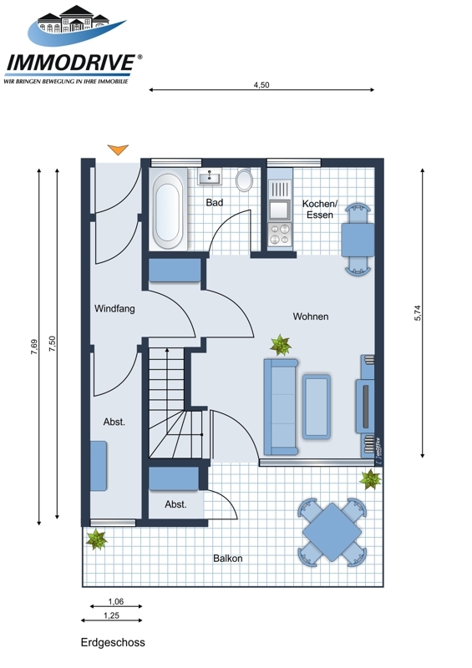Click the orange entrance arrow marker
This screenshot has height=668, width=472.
[118, 149]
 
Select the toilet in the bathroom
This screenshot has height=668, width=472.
[244, 180]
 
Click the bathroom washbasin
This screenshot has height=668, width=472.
[210, 176]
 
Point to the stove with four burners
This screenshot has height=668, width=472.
[280, 234]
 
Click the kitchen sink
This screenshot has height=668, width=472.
[280, 210]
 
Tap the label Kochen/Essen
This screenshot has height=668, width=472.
[320, 210]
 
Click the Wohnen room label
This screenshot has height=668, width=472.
[311, 316]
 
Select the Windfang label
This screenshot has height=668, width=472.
[114, 308]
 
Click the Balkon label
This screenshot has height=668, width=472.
[228, 558]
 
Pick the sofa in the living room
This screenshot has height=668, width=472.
[281, 407]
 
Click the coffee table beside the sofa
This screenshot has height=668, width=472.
[317, 407]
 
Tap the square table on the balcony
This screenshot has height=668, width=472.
[332, 532]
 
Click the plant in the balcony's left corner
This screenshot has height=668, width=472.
[96, 539]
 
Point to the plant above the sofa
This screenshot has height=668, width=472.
[281, 345]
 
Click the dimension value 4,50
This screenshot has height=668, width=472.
[261, 85]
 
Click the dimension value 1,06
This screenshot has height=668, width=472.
[115, 601]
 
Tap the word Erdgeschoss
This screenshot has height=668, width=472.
[113, 642]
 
